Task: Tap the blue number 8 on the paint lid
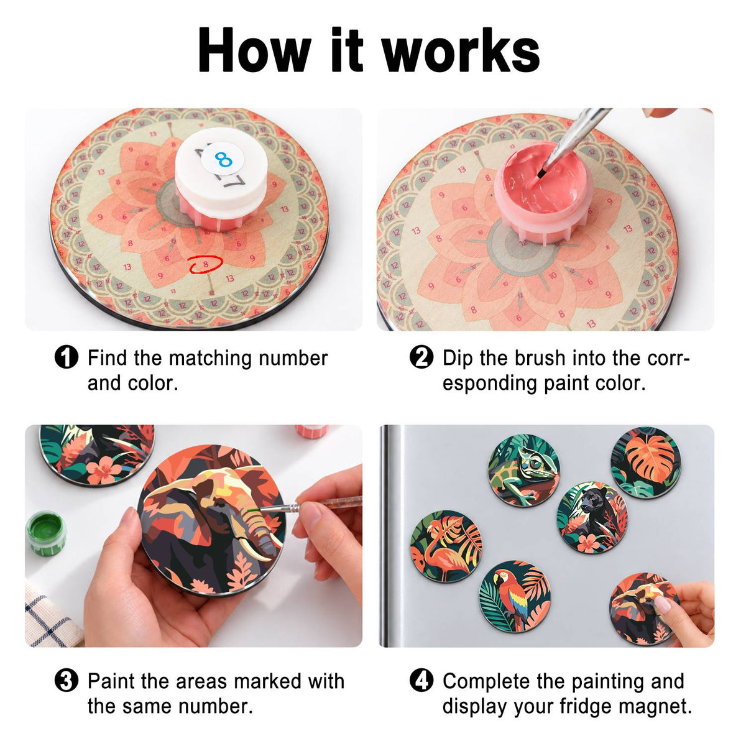pyautogui.click(x=224, y=159)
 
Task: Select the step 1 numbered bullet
pyautogui.click(x=67, y=357)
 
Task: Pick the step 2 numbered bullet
pyautogui.click(x=421, y=357)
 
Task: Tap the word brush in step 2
pyautogui.click(x=540, y=357)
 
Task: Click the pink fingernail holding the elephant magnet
pyautogui.click(x=663, y=606)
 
